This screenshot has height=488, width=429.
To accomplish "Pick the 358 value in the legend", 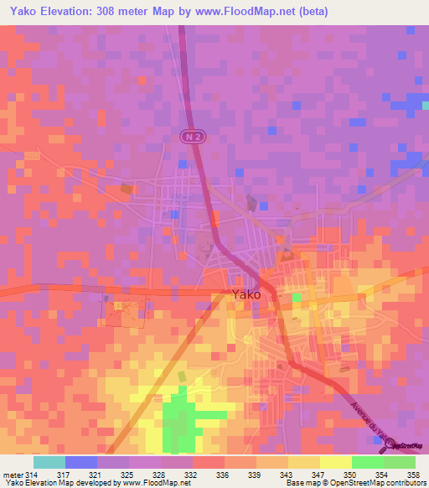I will [x=411, y=475].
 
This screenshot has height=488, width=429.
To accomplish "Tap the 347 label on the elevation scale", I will [x=315, y=475].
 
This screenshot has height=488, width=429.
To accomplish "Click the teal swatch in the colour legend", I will [x=49, y=462].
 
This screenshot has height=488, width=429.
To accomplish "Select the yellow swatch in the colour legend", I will [x=335, y=462].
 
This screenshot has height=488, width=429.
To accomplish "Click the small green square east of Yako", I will [x=297, y=297].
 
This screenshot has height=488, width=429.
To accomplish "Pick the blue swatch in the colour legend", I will [x=80, y=462].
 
